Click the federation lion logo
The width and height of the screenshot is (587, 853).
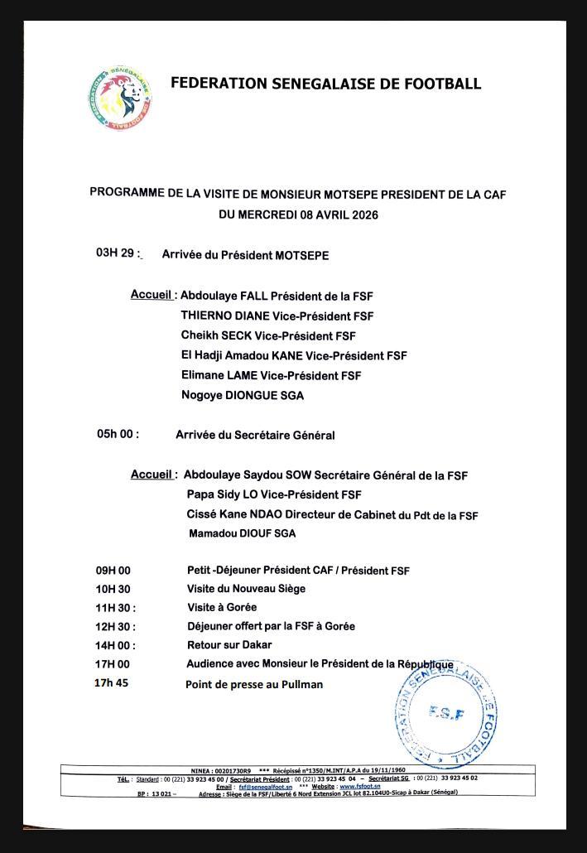[x=120, y=98]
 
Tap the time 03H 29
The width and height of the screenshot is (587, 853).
[x=115, y=253]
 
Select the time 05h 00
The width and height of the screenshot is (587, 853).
[x=118, y=433]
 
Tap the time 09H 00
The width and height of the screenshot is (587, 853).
[x=113, y=570]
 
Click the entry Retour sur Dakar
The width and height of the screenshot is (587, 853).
[x=229, y=644]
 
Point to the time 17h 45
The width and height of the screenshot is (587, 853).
[x=113, y=683]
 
